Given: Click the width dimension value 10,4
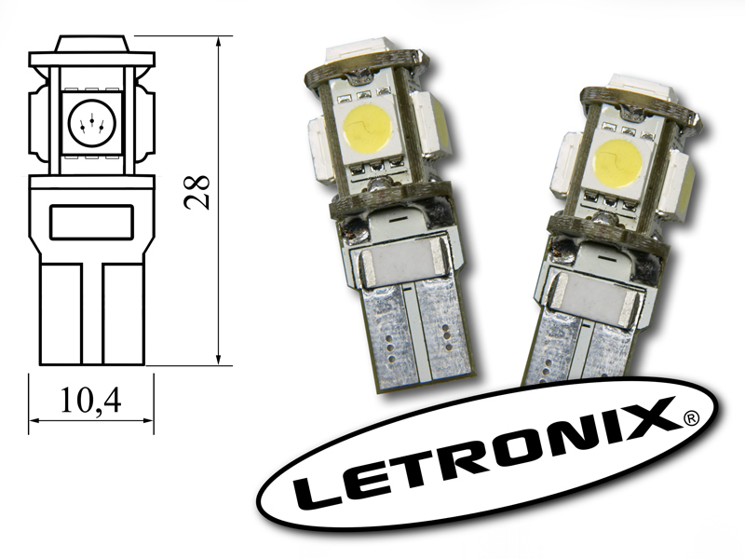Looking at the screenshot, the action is click(90, 401).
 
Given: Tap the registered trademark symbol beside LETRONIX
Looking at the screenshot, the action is click(691, 418).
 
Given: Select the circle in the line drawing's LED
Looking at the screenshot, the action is click(91, 123).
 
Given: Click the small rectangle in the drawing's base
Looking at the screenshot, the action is click(91, 222).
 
